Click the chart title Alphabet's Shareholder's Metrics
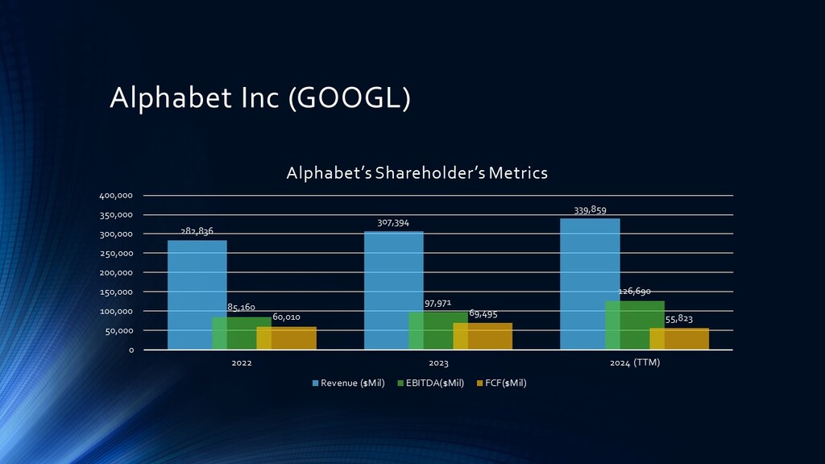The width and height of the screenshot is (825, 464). point(417,172)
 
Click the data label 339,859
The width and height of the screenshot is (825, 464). point(591,209)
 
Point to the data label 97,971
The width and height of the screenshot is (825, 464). point(437,304)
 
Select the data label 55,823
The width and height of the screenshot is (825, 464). point(680,319)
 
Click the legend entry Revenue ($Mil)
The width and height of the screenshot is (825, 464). point(348,383)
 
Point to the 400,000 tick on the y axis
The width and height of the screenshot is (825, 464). point(118,196)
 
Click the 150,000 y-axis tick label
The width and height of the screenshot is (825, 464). point(118,292)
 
